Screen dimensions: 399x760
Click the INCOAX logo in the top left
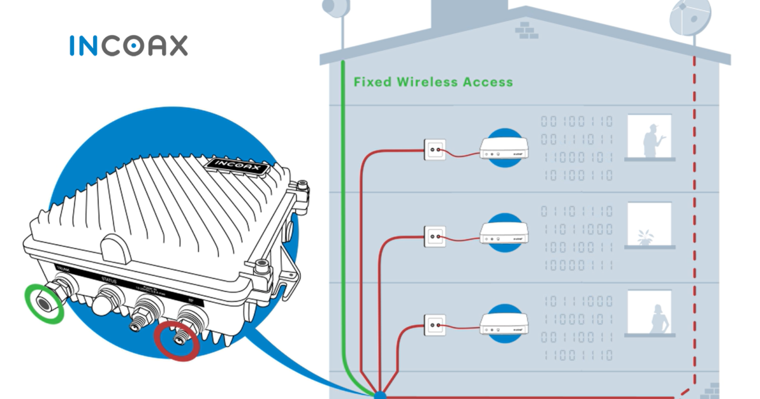tap(128, 46)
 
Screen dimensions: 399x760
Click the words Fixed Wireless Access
tap(433, 82)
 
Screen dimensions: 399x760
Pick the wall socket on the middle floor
tap(434, 237)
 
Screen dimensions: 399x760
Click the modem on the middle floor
tap(504, 235)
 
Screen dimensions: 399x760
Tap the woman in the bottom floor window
tap(659, 319)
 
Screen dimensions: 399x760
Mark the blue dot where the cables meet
tap(379, 394)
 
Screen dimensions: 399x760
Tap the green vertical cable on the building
tap(342, 222)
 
